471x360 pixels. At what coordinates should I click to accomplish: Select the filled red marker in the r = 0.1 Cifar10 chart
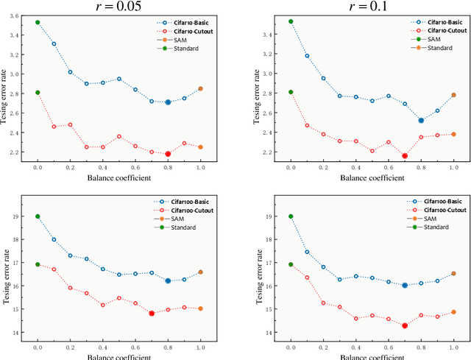click(x=405, y=156)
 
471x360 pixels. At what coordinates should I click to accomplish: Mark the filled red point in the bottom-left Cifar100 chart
click(x=152, y=313)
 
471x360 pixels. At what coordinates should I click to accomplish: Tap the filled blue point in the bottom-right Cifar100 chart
click(x=405, y=285)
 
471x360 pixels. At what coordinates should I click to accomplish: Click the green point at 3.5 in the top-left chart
click(x=38, y=23)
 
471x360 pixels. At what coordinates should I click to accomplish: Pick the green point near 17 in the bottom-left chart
click(x=38, y=264)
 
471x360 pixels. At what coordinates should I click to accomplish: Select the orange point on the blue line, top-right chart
click(x=453, y=95)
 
